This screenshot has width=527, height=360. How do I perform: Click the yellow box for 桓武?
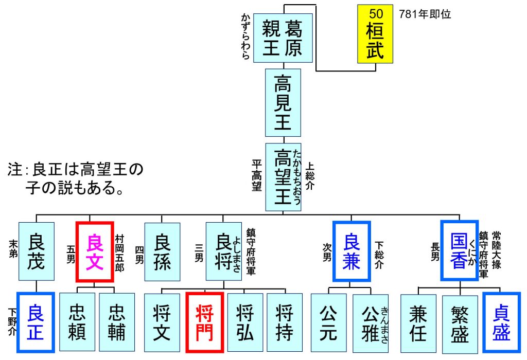375,34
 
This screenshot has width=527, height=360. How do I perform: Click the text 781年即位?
425,15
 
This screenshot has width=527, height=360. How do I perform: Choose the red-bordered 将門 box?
204,323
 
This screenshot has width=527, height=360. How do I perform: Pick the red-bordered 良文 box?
94,251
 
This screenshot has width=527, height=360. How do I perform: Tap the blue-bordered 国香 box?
460,250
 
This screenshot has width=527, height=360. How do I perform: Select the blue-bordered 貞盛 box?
501,322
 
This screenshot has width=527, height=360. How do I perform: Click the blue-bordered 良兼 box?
352,251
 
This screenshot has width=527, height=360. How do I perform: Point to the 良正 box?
36,322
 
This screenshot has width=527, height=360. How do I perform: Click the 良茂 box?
36,251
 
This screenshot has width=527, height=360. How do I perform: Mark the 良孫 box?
162,251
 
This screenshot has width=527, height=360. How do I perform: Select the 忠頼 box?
77,322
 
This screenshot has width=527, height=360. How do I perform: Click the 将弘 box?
245,322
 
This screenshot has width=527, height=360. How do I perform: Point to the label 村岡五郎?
120,250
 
